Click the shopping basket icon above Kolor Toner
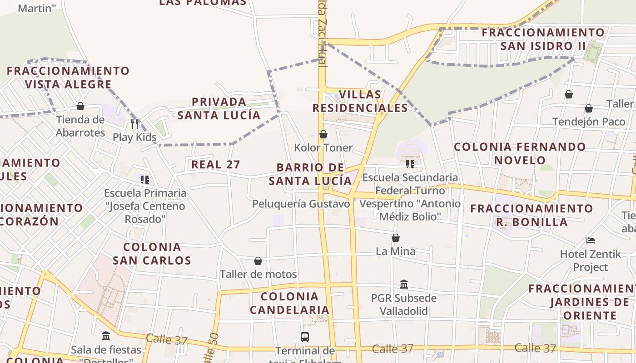[323, 134]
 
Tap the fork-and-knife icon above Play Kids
[134, 123]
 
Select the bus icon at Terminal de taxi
[305, 337]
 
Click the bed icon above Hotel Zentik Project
[591, 240]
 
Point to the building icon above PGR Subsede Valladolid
[404, 285]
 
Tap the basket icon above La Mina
[396, 238]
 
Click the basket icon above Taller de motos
[258, 261]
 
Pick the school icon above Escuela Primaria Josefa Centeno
[145, 180]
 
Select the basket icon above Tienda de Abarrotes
[80, 106]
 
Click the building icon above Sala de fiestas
[106, 336]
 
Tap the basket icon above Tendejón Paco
[588, 108]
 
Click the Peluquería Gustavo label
[301, 204]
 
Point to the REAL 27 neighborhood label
[215, 164]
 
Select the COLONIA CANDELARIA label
[289, 303]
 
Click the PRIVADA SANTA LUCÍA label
[219, 108]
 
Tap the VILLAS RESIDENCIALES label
[360, 101]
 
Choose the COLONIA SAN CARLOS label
[152, 254]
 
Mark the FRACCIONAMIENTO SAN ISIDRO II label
[543, 39]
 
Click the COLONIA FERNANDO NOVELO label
[520, 153]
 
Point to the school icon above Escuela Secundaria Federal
[410, 164]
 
